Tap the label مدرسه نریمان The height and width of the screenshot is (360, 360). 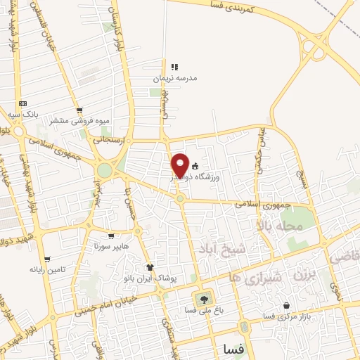[176, 78]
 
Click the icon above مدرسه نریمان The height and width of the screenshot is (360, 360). [174, 67]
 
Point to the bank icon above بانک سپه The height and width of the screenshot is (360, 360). [22, 103]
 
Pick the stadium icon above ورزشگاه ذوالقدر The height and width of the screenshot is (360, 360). [195, 166]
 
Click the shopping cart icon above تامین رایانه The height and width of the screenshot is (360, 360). [46, 259]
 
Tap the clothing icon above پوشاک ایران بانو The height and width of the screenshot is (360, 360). [150, 267]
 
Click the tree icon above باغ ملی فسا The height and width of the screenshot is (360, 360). [205, 299]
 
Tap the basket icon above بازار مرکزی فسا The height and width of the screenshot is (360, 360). [286, 306]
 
